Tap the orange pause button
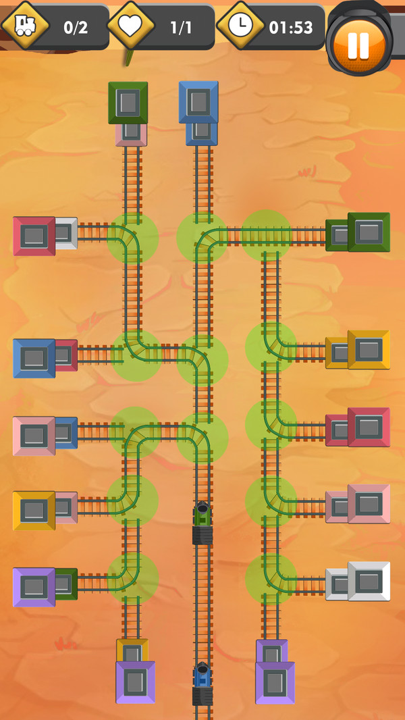point(358,45)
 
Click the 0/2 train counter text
point(76,28)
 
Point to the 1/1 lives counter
point(181,28)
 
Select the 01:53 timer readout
point(291,28)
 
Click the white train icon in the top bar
point(25,25)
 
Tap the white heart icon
point(131,25)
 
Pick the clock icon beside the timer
point(240,25)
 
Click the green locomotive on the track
point(202,514)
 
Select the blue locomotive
point(202,675)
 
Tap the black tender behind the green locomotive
point(202,536)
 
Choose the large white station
point(369,582)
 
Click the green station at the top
point(128,103)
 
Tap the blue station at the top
point(198,103)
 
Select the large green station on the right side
point(369,232)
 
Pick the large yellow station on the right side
point(369,350)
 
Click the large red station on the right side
point(369,427)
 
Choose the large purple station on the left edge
point(34,588)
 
